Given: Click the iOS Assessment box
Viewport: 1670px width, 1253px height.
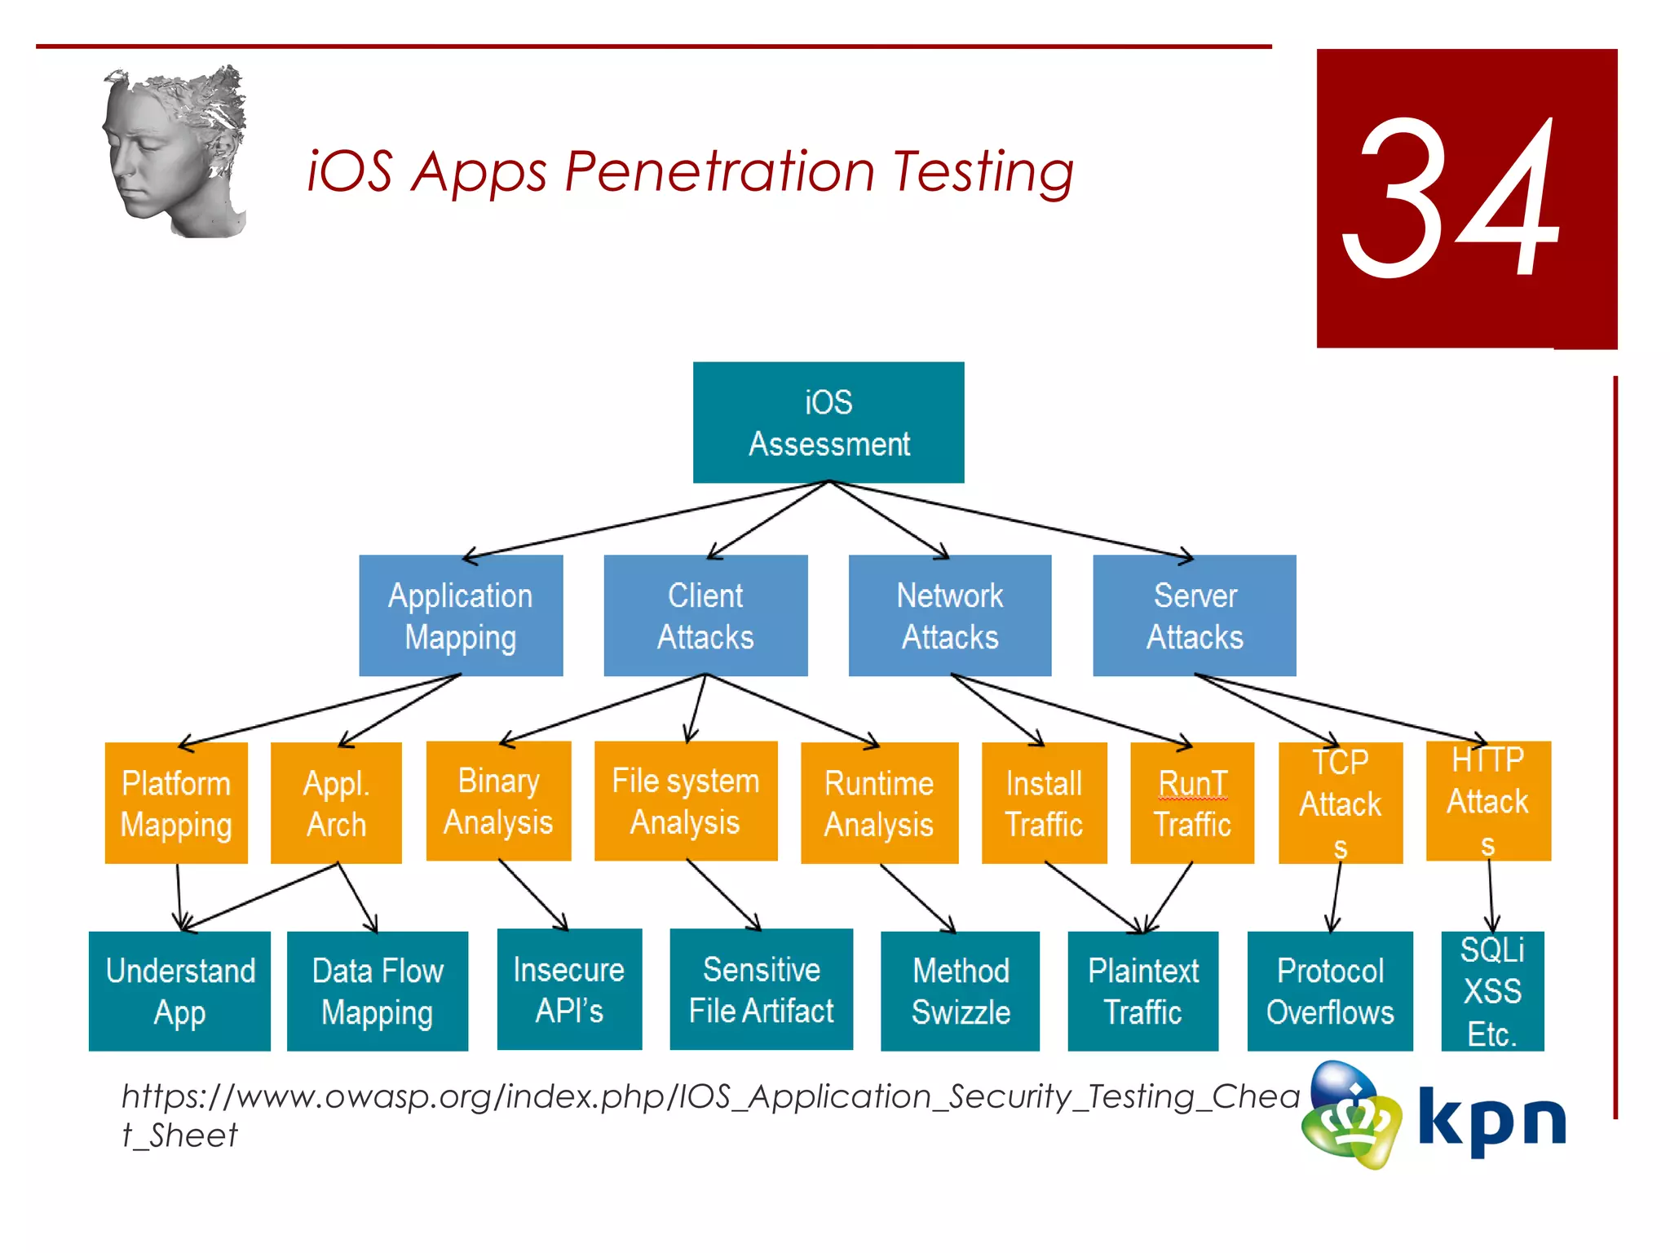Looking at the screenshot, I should [x=828, y=423].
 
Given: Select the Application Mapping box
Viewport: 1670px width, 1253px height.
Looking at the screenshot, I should [x=461, y=616].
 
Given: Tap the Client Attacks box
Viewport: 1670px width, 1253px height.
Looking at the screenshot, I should [x=705, y=616].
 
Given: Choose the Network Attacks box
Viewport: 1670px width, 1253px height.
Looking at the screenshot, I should [x=950, y=616].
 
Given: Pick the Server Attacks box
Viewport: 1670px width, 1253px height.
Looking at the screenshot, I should [x=1195, y=616].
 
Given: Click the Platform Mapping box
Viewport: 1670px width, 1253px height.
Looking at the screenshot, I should [x=176, y=803].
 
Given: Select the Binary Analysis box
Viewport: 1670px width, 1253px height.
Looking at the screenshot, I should [x=498, y=801].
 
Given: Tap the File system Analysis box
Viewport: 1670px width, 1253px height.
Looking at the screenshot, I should [x=686, y=801].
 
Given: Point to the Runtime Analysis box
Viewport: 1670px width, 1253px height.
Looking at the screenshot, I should [x=879, y=803].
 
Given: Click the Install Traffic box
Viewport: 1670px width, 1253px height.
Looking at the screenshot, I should [x=1044, y=803].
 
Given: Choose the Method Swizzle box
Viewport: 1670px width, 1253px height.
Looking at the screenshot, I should [x=961, y=991].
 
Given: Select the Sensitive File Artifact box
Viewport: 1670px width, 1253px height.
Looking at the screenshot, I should [x=762, y=990].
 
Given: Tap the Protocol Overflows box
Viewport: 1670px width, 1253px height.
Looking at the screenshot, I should [x=1330, y=991].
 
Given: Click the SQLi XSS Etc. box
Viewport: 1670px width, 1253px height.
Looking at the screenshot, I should [x=1492, y=991].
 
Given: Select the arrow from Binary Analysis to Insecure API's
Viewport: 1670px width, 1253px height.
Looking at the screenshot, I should [x=533, y=895].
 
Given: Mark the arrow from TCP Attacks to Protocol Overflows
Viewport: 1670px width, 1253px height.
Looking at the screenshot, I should [x=1336, y=897].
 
